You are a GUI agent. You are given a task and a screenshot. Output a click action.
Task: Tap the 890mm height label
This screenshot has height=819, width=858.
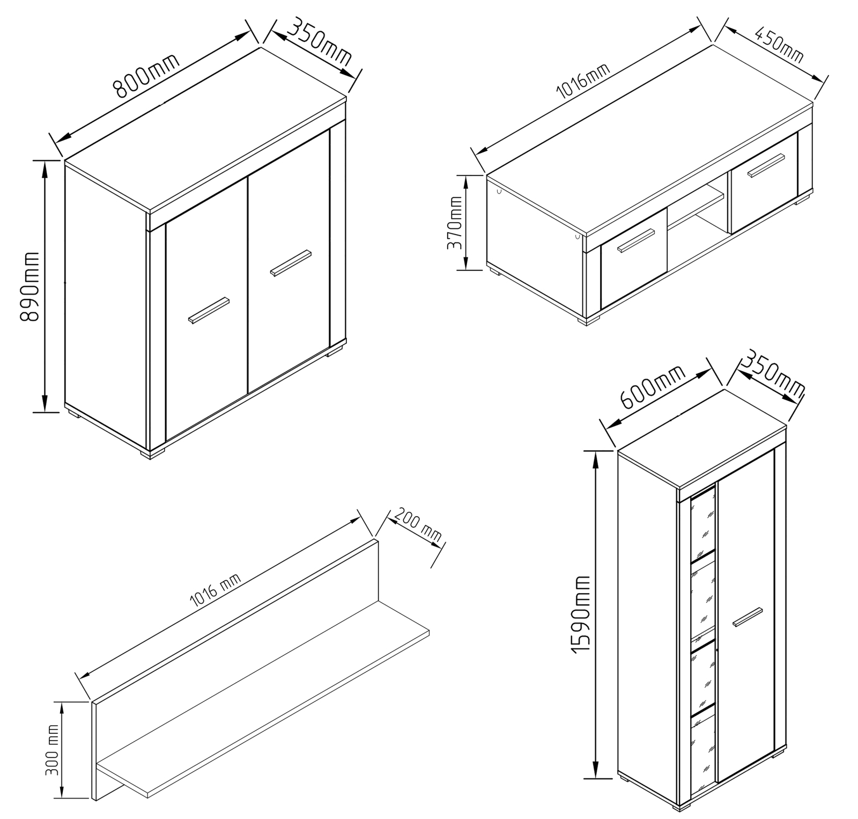pos(30,286)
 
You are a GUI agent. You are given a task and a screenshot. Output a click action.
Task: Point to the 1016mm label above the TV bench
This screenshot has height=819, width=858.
pos(584,82)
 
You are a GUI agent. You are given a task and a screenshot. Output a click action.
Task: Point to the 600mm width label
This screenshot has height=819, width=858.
pos(653,387)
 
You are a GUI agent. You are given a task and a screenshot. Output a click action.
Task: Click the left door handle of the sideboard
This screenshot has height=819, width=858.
pos(209,310)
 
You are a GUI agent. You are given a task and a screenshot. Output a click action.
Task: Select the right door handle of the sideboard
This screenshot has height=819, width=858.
pos(291,263)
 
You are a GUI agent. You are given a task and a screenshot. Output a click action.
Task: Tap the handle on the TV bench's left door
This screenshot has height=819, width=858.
pos(636,240)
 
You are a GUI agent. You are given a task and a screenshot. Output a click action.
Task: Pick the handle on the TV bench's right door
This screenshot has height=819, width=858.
pos(767,164)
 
